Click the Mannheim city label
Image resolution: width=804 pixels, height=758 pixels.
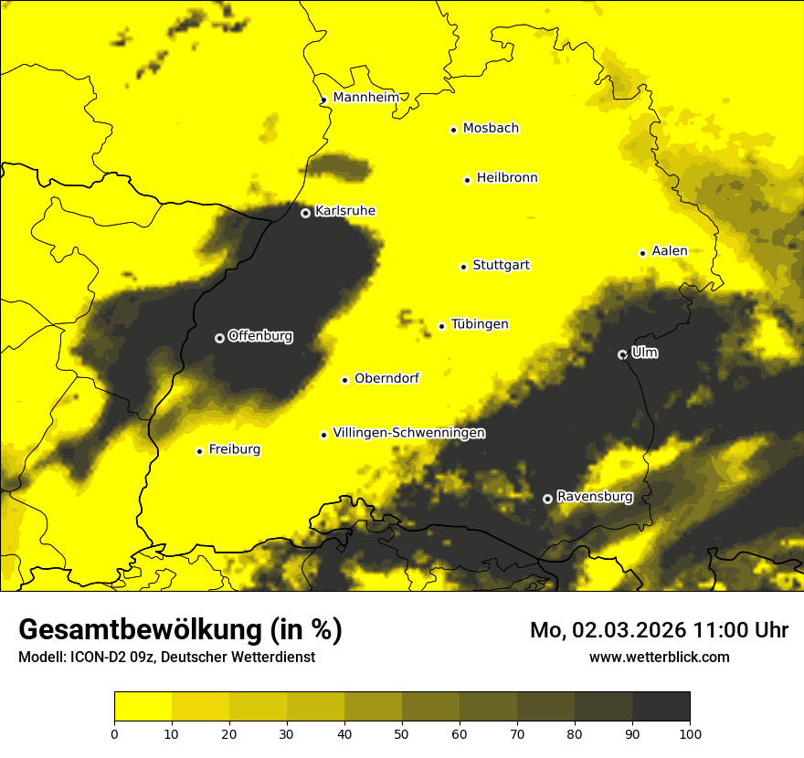click(x=366, y=98)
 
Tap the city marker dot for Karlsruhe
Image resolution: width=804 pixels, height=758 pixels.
click(x=306, y=213)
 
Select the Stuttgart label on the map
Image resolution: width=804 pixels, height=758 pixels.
click(x=501, y=266)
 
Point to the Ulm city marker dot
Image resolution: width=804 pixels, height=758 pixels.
click(x=622, y=354)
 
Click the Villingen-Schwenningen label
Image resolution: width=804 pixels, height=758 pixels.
click(x=408, y=433)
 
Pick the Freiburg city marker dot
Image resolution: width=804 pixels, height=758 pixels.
click(x=199, y=451)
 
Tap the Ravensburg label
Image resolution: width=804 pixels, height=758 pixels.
click(x=595, y=497)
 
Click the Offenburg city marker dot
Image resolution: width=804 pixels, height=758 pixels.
click(x=219, y=338)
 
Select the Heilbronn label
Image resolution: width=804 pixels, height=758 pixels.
click(x=507, y=178)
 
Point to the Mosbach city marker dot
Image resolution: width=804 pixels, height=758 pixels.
click(x=453, y=130)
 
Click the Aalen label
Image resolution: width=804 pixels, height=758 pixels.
click(x=670, y=251)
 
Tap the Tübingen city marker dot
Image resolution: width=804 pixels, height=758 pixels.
click(x=441, y=326)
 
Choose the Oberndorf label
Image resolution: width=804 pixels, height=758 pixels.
click(x=386, y=378)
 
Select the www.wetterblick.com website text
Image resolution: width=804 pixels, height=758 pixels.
click(x=659, y=657)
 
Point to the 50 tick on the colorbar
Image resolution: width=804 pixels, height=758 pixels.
click(x=402, y=732)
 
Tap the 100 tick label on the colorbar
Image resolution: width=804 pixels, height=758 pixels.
click(x=690, y=732)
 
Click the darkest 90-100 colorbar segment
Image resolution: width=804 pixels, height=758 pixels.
click(x=661, y=707)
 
